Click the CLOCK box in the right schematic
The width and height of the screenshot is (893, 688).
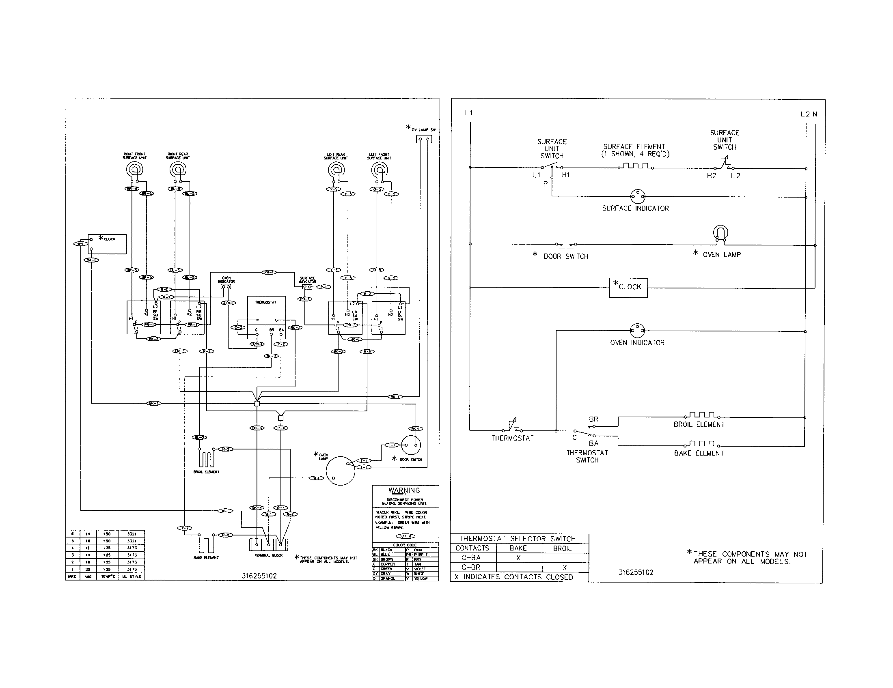point(628,287)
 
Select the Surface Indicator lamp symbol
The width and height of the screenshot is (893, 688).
point(637,196)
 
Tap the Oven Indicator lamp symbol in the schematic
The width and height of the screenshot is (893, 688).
point(637,330)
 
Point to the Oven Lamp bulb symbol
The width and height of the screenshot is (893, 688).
point(720,234)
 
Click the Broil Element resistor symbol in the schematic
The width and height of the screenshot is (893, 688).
point(702,415)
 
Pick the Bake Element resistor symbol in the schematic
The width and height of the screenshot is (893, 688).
point(702,444)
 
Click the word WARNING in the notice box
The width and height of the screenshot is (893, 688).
point(404,491)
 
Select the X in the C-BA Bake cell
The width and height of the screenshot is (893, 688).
point(518,558)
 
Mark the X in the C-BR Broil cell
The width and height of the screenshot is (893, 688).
point(565,568)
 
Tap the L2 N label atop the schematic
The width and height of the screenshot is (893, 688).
point(809,114)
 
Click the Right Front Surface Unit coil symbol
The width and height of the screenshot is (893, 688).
point(134,170)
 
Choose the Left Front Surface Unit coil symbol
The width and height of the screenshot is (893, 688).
point(380,170)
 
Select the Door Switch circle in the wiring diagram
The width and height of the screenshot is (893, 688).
point(411,445)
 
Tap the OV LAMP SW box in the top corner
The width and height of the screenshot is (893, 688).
point(424,139)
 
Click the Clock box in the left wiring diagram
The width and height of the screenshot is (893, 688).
point(108,244)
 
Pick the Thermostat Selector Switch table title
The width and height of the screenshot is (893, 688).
point(517,539)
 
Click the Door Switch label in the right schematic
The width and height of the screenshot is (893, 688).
point(565,256)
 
